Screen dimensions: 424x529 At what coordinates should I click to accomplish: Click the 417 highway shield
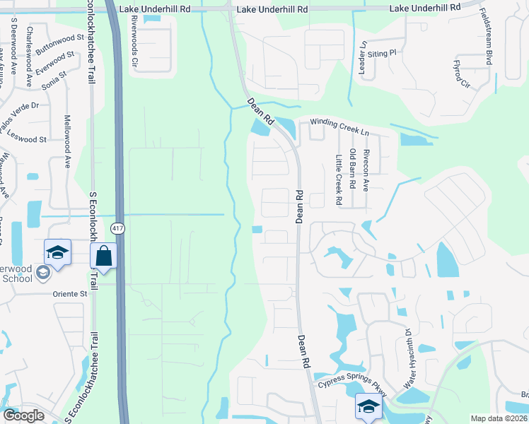coord(118,228)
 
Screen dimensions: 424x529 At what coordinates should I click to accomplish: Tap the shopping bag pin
coord(104,257)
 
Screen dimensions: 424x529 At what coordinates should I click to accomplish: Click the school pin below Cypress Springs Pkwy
coord(368,407)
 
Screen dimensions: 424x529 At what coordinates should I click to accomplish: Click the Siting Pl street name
coord(385,53)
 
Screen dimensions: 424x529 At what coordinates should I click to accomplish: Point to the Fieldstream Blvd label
coord(487,37)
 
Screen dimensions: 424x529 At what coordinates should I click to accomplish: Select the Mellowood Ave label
coord(68,141)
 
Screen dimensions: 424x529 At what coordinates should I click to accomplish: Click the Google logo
coord(23,415)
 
